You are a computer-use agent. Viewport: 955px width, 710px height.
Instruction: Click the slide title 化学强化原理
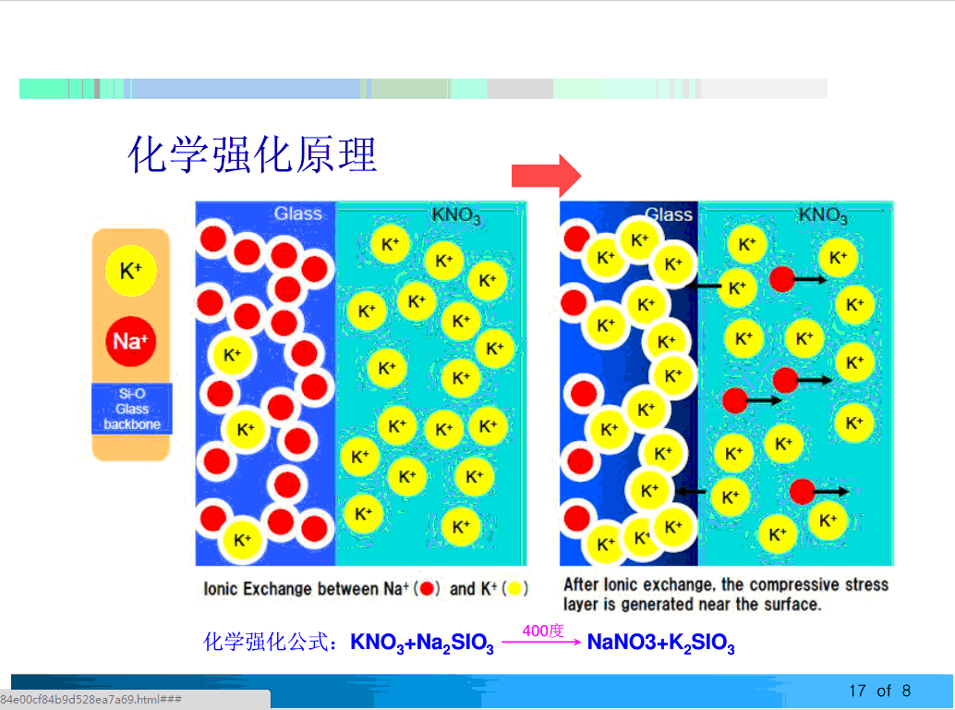tap(252, 154)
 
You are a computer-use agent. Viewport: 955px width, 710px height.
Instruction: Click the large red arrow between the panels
tap(546, 174)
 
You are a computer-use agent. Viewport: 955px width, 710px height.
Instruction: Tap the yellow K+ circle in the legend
tap(130, 271)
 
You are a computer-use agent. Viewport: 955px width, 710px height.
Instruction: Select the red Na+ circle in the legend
tap(130, 341)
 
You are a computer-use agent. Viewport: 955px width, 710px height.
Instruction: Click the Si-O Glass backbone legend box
tap(131, 409)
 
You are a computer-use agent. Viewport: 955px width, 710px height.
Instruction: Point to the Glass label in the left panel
tap(297, 214)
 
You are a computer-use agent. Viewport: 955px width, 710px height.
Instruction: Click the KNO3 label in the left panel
tap(456, 216)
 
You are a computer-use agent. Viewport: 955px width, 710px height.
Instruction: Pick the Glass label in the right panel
tap(669, 214)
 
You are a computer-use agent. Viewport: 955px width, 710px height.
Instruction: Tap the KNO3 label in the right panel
tap(822, 215)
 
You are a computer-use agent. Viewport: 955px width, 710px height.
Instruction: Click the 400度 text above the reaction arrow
tap(542, 630)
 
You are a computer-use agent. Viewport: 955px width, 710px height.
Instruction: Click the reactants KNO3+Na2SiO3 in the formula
tap(422, 643)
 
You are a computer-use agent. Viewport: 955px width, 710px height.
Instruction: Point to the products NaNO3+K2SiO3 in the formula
tap(661, 643)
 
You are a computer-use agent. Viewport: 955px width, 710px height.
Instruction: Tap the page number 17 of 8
tap(879, 691)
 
